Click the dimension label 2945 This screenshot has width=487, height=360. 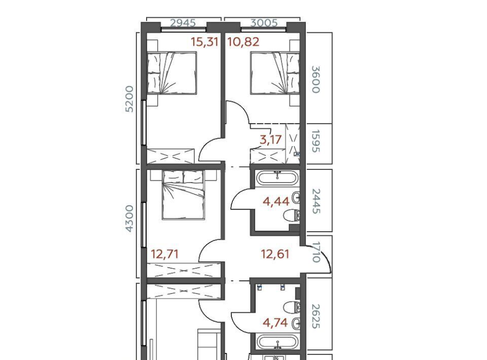click(x=183, y=23)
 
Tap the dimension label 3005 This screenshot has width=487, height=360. click(x=264, y=23)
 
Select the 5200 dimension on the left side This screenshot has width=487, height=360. click(x=129, y=99)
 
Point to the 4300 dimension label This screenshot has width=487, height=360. click(x=129, y=218)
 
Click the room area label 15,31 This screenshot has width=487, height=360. click(x=204, y=42)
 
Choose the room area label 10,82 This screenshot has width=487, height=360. click(x=243, y=42)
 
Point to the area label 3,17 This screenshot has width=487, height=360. click(x=271, y=139)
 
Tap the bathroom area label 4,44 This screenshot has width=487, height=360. click(x=276, y=202)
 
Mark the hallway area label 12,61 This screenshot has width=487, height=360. click(x=275, y=254)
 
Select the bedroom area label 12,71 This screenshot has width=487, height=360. click(x=164, y=254)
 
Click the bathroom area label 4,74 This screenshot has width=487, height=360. click(x=275, y=323)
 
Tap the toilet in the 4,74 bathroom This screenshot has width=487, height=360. click(x=292, y=308)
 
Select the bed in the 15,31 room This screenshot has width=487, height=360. click(x=172, y=73)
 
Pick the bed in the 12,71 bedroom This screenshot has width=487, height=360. click(x=184, y=195)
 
